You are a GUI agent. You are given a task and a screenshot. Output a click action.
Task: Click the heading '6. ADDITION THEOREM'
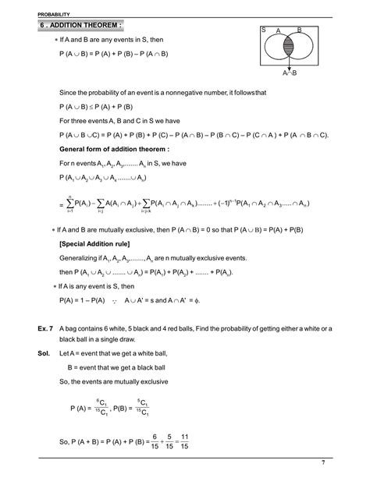(x=80, y=26)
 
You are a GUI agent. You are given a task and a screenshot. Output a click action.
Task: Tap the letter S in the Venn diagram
(x=263, y=30)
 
